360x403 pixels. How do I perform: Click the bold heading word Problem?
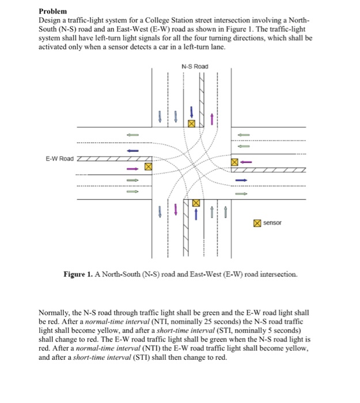(53, 11)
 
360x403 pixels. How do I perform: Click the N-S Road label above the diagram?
(194, 67)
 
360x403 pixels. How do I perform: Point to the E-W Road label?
(59, 158)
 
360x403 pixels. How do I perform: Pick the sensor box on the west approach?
(148, 166)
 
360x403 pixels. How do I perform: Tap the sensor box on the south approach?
(196, 203)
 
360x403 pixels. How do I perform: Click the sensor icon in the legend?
(257, 222)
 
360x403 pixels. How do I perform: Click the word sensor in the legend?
(273, 222)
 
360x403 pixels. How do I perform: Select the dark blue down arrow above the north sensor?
(191, 111)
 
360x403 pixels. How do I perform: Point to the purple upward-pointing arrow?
(212, 119)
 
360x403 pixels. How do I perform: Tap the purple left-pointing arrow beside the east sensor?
(247, 162)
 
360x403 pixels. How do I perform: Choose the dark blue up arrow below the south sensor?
(196, 214)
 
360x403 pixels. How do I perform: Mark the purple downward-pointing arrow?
(184, 211)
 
